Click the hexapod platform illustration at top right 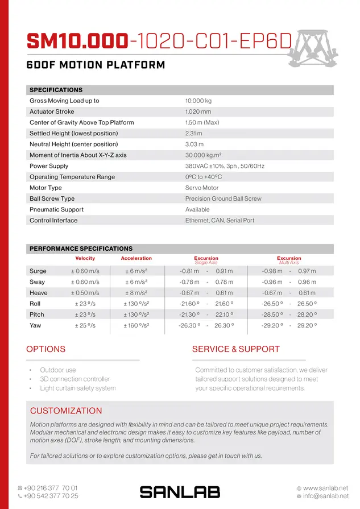[319, 49]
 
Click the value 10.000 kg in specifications [198, 101]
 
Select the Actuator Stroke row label [52, 111]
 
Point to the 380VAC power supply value [225, 166]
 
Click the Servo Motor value [202, 188]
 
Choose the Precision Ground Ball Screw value [224, 198]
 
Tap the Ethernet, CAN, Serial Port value [220, 220]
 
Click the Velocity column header [85, 258]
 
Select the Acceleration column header [136, 258]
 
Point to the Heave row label [39, 293]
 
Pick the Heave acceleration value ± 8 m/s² [136, 293]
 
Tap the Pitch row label [36, 314]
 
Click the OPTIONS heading [46, 349]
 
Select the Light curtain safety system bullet [77, 388]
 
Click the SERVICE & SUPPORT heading [235, 349]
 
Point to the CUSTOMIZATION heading [66, 411]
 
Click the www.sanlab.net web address [325, 488]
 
